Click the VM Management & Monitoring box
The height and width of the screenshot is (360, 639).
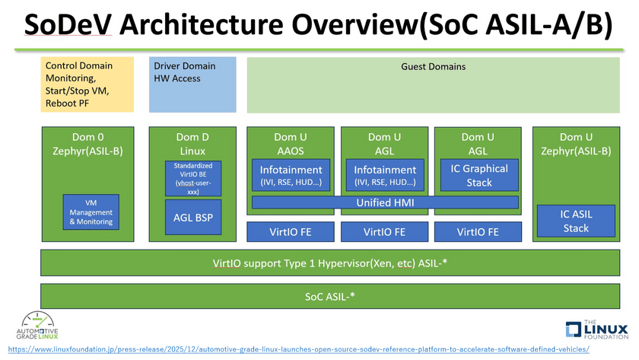91,212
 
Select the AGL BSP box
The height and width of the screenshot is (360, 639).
193,218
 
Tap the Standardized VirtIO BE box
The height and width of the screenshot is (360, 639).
193,179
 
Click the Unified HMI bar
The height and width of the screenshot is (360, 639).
385,202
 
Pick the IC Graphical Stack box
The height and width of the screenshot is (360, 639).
479,175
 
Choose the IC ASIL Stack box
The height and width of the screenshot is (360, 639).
576,221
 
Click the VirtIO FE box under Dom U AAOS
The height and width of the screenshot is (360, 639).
290,232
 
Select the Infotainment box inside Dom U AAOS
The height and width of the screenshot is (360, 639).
291,175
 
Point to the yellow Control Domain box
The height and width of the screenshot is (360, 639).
87,84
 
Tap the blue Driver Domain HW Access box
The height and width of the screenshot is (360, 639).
192,84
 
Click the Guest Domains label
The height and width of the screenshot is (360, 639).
433,66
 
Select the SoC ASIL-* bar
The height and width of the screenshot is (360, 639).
330,296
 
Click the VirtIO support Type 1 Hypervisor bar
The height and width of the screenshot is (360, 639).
330,263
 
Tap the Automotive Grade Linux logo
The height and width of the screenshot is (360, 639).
37,325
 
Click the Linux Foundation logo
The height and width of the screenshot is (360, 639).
597,329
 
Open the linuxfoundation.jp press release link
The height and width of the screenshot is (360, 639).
299,349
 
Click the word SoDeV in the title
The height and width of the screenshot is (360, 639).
68,24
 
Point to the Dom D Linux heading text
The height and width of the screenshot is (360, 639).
192,144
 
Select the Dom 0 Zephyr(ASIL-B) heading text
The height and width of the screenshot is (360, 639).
87,144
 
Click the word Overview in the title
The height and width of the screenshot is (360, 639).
354,24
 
